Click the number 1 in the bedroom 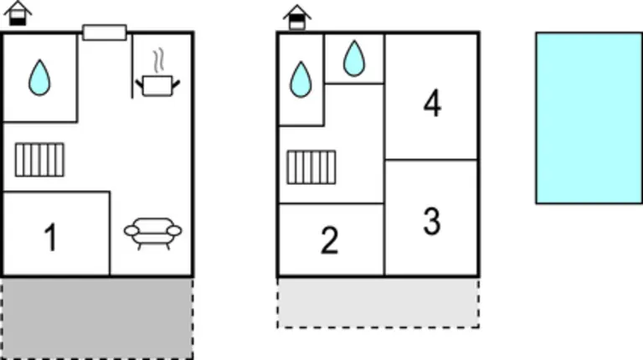[x=51, y=237]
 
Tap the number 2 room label [x=330, y=240]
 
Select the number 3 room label [x=432, y=221]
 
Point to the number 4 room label [x=432, y=103]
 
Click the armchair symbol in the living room [x=153, y=234]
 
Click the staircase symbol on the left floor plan [x=40, y=160]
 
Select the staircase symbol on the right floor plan [x=311, y=167]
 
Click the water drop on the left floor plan [x=39, y=78]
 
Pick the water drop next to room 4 [x=354, y=59]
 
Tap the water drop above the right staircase [x=301, y=80]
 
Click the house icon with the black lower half [x=18, y=13]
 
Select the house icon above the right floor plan [x=297, y=18]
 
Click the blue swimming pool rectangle [x=589, y=118]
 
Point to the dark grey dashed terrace [x=97, y=319]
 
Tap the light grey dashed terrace [x=378, y=303]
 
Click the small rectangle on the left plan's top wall [x=105, y=33]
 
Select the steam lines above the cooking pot [x=159, y=60]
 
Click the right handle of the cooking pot [x=176, y=85]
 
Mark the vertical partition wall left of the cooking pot [x=132, y=66]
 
